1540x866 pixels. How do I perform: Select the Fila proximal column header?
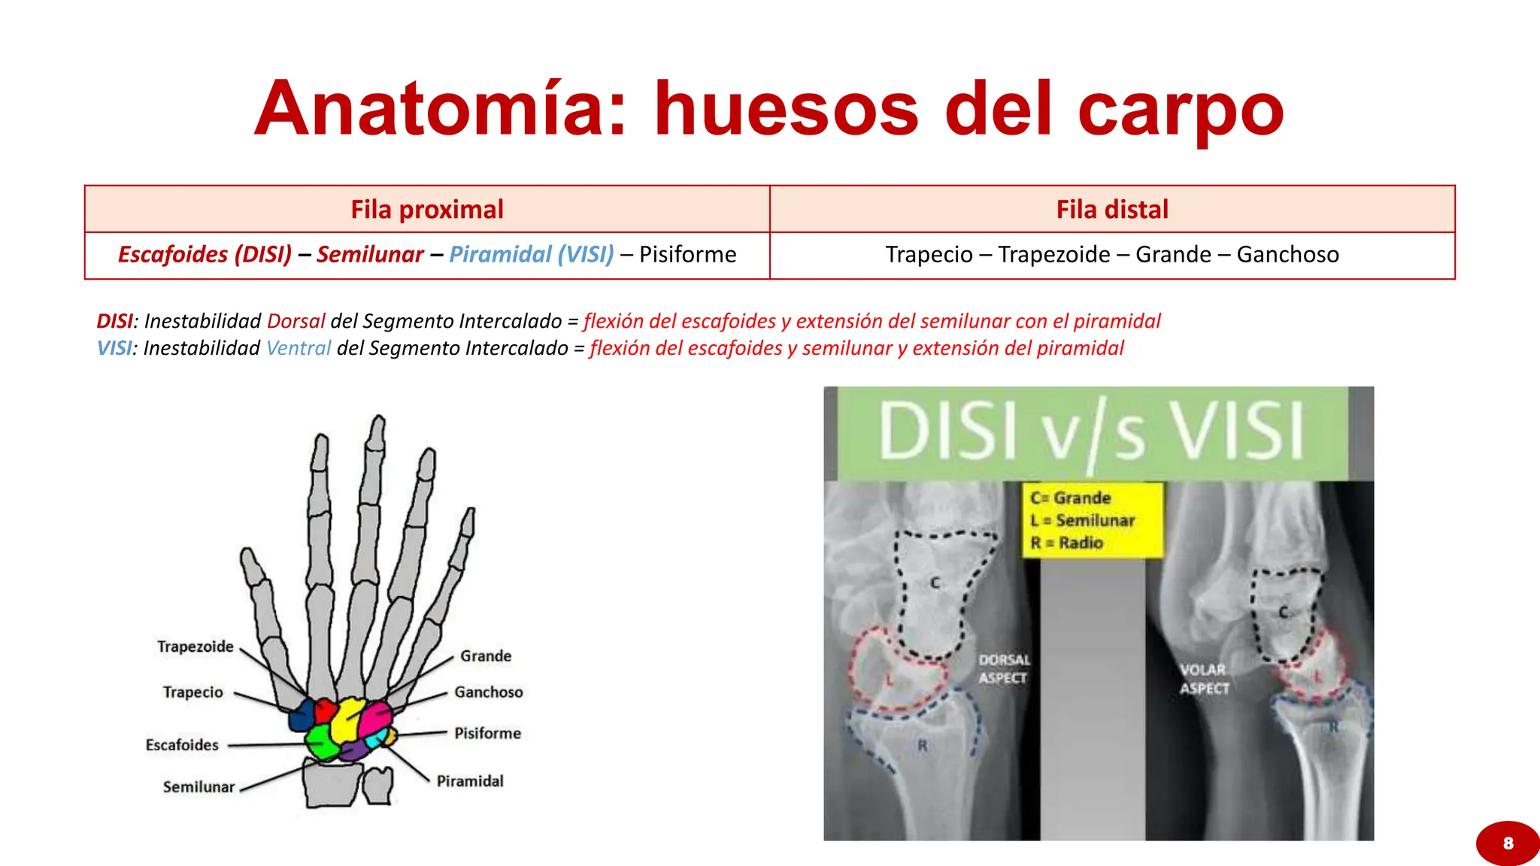point(427,210)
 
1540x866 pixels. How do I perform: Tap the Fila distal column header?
point(1112,210)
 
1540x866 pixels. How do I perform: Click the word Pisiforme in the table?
point(687,255)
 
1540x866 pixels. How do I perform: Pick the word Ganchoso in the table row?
point(1287,255)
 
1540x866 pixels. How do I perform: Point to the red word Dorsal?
point(296,322)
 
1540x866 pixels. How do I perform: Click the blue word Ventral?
point(299,349)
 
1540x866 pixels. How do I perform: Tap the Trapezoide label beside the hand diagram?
point(196,646)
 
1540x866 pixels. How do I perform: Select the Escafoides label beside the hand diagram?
point(182,745)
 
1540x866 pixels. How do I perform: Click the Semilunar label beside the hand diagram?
point(199,787)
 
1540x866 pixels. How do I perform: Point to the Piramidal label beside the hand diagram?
point(470,781)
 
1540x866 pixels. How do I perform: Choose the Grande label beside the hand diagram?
point(486,656)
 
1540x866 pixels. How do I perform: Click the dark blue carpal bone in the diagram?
point(302,716)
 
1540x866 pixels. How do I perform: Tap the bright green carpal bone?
point(321,740)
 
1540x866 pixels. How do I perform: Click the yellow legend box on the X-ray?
point(1092,520)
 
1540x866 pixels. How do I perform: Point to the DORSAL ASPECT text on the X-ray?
point(1004,669)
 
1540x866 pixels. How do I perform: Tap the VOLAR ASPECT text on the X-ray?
point(1204,679)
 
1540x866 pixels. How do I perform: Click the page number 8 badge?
point(1508,843)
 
